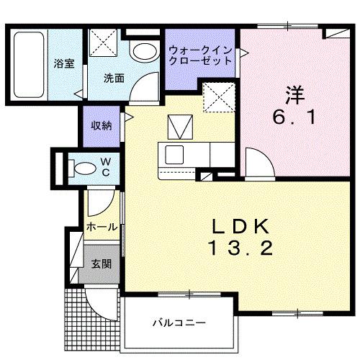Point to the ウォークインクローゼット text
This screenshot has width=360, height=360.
201,56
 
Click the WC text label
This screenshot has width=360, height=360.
105,166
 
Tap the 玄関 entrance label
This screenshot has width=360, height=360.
101,264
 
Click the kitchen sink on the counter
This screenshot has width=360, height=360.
175,153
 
